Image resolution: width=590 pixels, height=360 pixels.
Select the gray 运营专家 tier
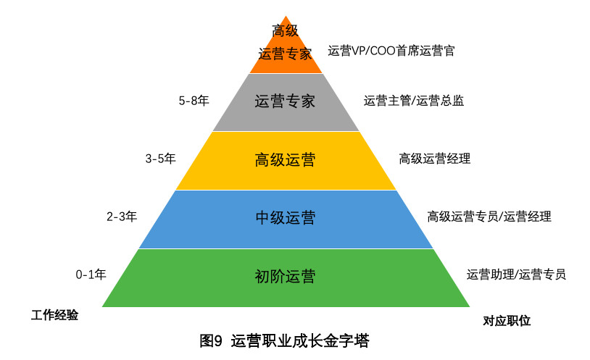pyautogui.click(x=286, y=101)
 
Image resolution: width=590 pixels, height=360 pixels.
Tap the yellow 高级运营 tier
pyautogui.click(x=286, y=160)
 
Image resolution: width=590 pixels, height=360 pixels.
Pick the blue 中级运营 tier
pyautogui.click(x=286, y=218)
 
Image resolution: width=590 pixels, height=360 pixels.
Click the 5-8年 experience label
pyautogui.click(x=194, y=101)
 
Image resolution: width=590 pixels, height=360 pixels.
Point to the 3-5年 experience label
pyautogui.click(x=160, y=159)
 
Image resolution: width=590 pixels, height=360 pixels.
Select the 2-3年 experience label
pyautogui.click(x=122, y=216)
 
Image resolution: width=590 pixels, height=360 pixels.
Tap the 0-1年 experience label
pyautogui.click(x=91, y=275)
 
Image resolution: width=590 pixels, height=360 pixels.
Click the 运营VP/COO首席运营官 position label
pyautogui.click(x=391, y=51)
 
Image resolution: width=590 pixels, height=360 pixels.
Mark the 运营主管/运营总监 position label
pyautogui.click(x=414, y=101)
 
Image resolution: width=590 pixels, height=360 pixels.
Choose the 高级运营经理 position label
pyautogui.click(x=434, y=159)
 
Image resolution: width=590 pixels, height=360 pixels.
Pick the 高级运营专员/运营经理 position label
pyautogui.click(x=489, y=216)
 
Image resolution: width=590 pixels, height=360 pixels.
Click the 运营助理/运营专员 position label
pyautogui.click(x=516, y=275)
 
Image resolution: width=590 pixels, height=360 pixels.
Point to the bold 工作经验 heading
pyautogui.click(x=54, y=316)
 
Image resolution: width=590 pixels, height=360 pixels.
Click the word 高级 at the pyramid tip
pyautogui.click(x=285, y=30)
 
